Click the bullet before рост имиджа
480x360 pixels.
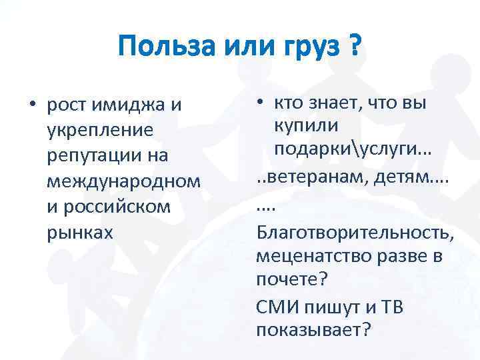(31, 105)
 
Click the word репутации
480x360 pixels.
(97, 155)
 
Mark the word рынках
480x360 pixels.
(80, 231)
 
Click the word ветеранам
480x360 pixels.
(313, 179)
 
